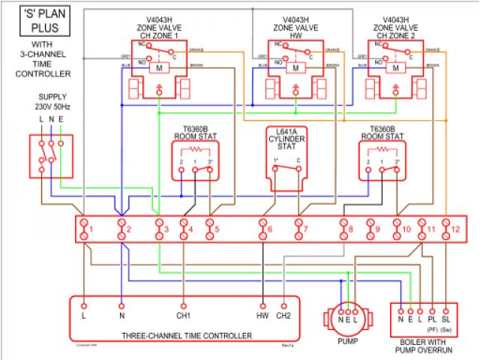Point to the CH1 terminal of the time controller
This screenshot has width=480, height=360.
tap(182, 306)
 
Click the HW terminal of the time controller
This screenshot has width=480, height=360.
tap(263, 306)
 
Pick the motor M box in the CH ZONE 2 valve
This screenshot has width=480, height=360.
tap(395, 68)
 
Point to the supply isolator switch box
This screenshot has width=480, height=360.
tap(51, 155)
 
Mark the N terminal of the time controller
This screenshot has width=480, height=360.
tap(121, 306)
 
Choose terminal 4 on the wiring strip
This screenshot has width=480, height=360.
tap(184, 228)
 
